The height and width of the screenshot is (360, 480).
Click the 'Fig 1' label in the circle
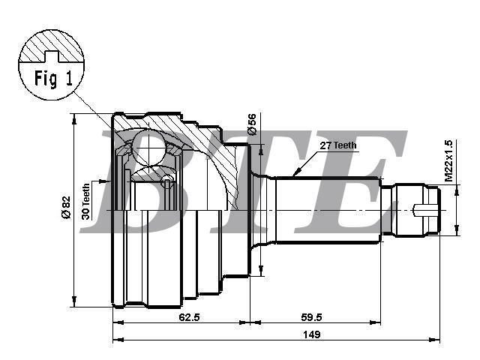pos(53,78)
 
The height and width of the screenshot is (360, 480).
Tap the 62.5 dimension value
pos(189,317)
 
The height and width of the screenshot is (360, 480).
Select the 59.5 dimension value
pos(311,317)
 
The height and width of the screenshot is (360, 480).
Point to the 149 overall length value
pos(311,334)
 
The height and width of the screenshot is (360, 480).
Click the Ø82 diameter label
pos(66,207)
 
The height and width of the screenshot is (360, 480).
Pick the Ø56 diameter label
pos(252,124)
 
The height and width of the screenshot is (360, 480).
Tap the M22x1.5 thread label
pos(448,160)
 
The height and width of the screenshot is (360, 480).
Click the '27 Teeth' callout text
pos(338,145)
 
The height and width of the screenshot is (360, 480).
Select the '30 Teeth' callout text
pos(86,202)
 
